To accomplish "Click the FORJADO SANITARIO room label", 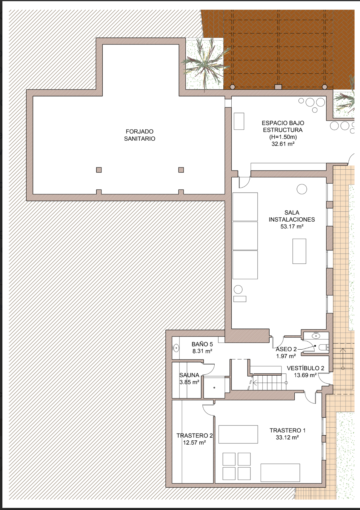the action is coord(139,135).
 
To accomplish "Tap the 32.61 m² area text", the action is coord(283,144).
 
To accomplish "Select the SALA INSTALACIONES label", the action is coord(292,216).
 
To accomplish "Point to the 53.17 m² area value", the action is coord(292,227).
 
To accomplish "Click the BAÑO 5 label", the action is coord(202,344).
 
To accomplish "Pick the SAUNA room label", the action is coord(189,375).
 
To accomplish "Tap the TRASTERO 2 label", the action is coord(195,436).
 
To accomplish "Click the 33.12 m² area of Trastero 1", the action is coord(287,437).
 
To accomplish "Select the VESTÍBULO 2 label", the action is coord(305,368).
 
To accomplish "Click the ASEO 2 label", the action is coord(286,349).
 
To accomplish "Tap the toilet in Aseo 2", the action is coord(324,347).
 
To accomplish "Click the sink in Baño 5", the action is coord(176,348).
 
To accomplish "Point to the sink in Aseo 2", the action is coord(316,335).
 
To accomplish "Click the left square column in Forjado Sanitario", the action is coord(99,170).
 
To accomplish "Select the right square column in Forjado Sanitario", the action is coord(181,170).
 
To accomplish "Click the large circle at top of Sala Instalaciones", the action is coord(302,189).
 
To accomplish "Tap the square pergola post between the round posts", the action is coord(278,87).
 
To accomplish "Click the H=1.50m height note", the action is coord(283,137).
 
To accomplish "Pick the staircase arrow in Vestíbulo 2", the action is coord(270,383).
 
